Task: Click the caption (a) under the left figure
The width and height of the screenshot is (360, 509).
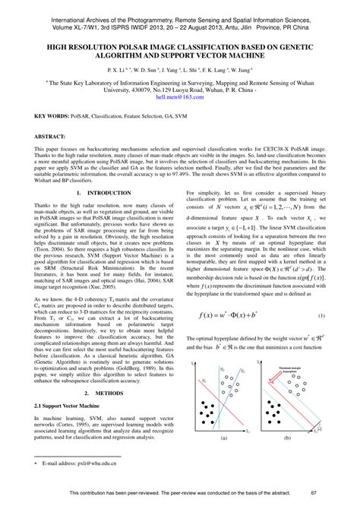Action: [224, 439]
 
